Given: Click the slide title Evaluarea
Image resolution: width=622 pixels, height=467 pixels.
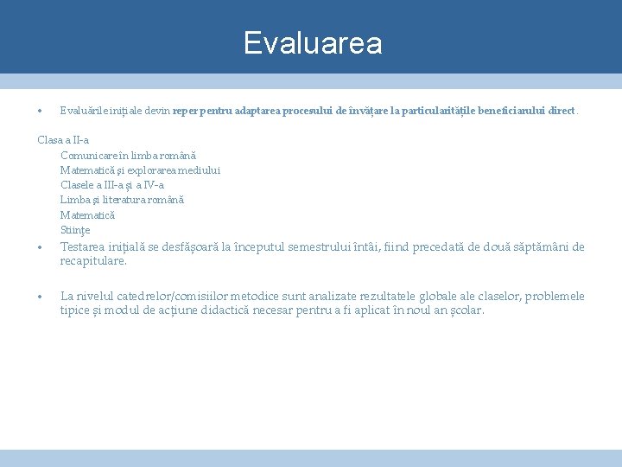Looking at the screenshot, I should pyautogui.click(x=312, y=42).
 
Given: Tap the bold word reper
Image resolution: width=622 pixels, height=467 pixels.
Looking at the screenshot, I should pyautogui.click(x=186, y=112).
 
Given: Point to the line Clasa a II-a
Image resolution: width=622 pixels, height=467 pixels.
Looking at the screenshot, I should pyautogui.click(x=63, y=140).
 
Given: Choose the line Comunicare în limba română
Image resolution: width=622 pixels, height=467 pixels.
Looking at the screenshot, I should pyautogui.click(x=128, y=155).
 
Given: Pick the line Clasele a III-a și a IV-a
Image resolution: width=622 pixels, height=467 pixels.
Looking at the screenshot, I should pyautogui.click(x=112, y=185).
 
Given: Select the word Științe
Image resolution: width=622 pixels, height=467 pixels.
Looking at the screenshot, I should pyautogui.click(x=75, y=230).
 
